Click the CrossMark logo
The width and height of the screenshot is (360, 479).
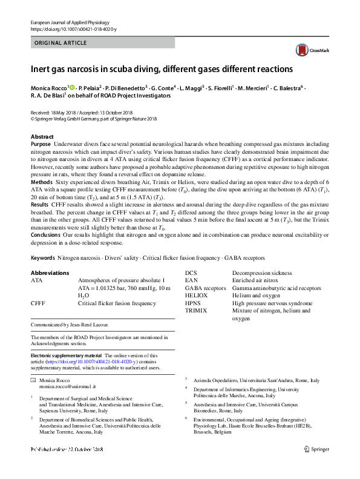pyautogui.click(x=309, y=51)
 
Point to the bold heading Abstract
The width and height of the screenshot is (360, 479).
pyautogui.click(x=42, y=137)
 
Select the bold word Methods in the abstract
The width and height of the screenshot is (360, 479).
pyautogui.click(x=41, y=182)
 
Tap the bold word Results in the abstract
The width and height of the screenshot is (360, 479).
pyautogui.click(x=41, y=205)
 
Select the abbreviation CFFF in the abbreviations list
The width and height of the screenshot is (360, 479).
pyautogui.click(x=38, y=303)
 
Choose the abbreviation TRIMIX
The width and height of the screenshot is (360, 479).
pyautogui.click(x=196, y=311)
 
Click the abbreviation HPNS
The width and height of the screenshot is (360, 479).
pyautogui.click(x=193, y=303)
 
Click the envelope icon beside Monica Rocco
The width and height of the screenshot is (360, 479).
pyautogui.click(x=33, y=378)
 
